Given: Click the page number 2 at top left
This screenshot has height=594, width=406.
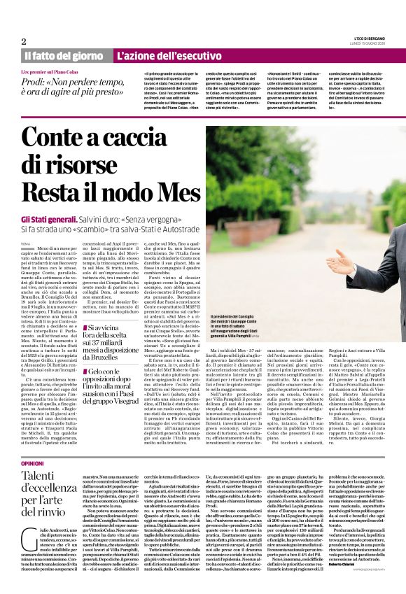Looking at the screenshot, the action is (x=24, y=41).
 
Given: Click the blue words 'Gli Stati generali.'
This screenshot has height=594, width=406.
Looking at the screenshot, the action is (x=48, y=219).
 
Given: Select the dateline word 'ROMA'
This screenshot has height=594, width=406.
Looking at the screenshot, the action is (x=26, y=242).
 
